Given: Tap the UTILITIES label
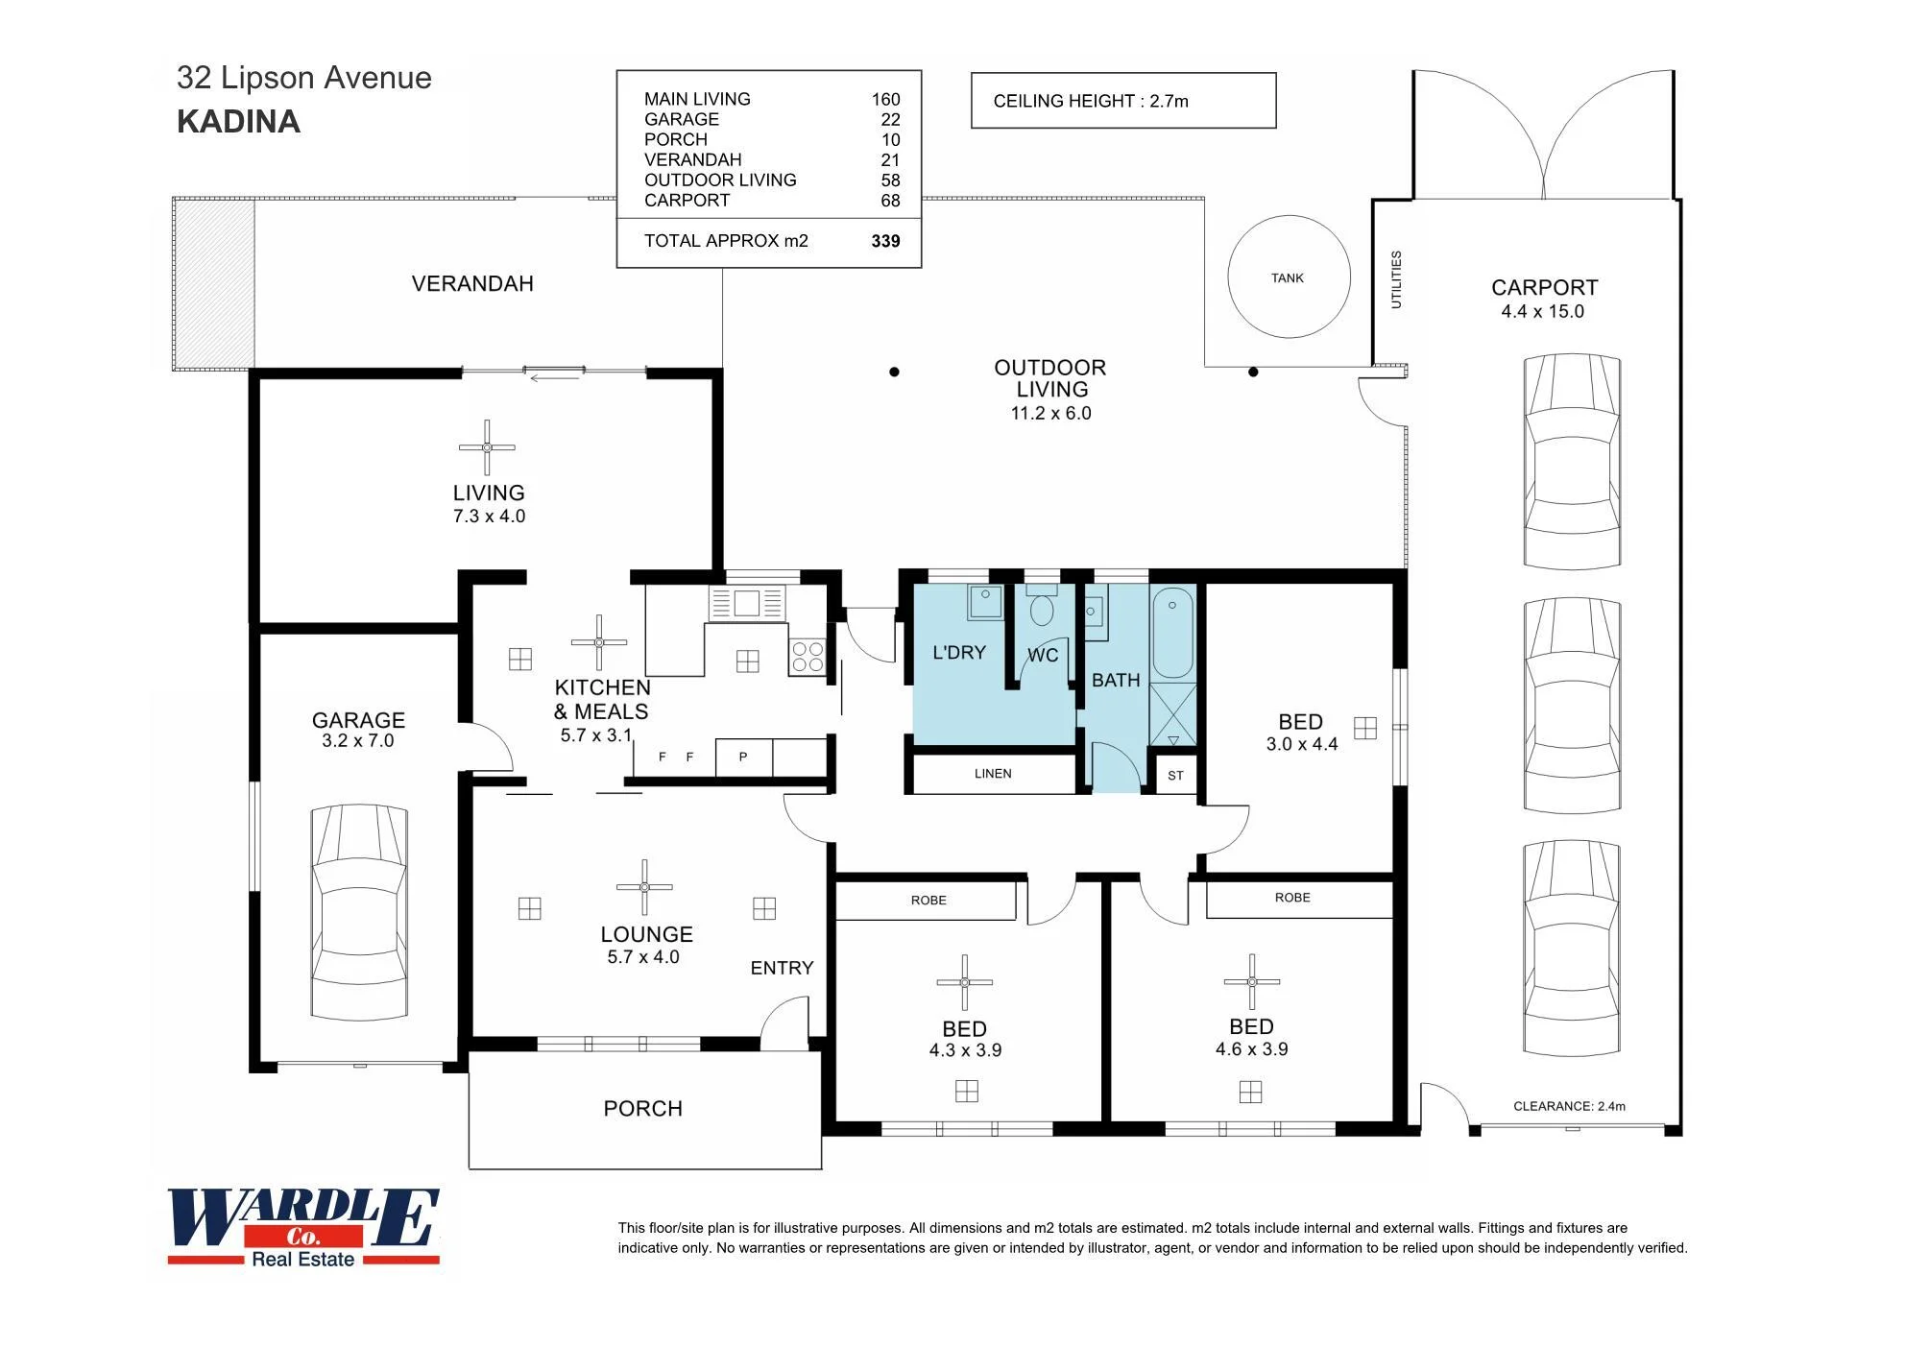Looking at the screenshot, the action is pyautogui.click(x=1396, y=279).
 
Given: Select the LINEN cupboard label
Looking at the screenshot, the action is pyautogui.click(x=993, y=774).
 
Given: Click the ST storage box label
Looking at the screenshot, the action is pyautogui.click(x=1176, y=776).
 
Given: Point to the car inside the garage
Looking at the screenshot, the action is pyautogui.click(x=359, y=912).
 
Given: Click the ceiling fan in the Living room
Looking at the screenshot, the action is pyautogui.click(x=487, y=447).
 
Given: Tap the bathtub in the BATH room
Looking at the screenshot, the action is pyautogui.click(x=1172, y=635).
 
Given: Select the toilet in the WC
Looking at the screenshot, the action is pyautogui.click(x=1041, y=606).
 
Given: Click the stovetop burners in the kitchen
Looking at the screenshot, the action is pyautogui.click(x=808, y=657).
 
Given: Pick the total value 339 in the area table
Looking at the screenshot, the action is pyautogui.click(x=885, y=241).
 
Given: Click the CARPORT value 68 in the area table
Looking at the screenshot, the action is pyautogui.click(x=890, y=201).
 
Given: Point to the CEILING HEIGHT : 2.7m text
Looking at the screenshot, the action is pyautogui.click(x=1091, y=101).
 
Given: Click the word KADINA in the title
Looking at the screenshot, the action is pyautogui.click(x=238, y=122).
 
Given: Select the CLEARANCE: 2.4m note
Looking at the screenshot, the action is pyautogui.click(x=1570, y=1106).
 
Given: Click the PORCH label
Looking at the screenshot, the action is pyautogui.click(x=643, y=1109).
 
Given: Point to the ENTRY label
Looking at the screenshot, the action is pyautogui.click(x=782, y=968).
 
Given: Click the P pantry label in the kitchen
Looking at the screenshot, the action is pyautogui.click(x=743, y=758).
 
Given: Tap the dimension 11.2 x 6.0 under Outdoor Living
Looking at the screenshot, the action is pyautogui.click(x=1050, y=414).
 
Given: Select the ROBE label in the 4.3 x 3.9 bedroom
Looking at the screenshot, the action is pyautogui.click(x=928, y=901).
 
